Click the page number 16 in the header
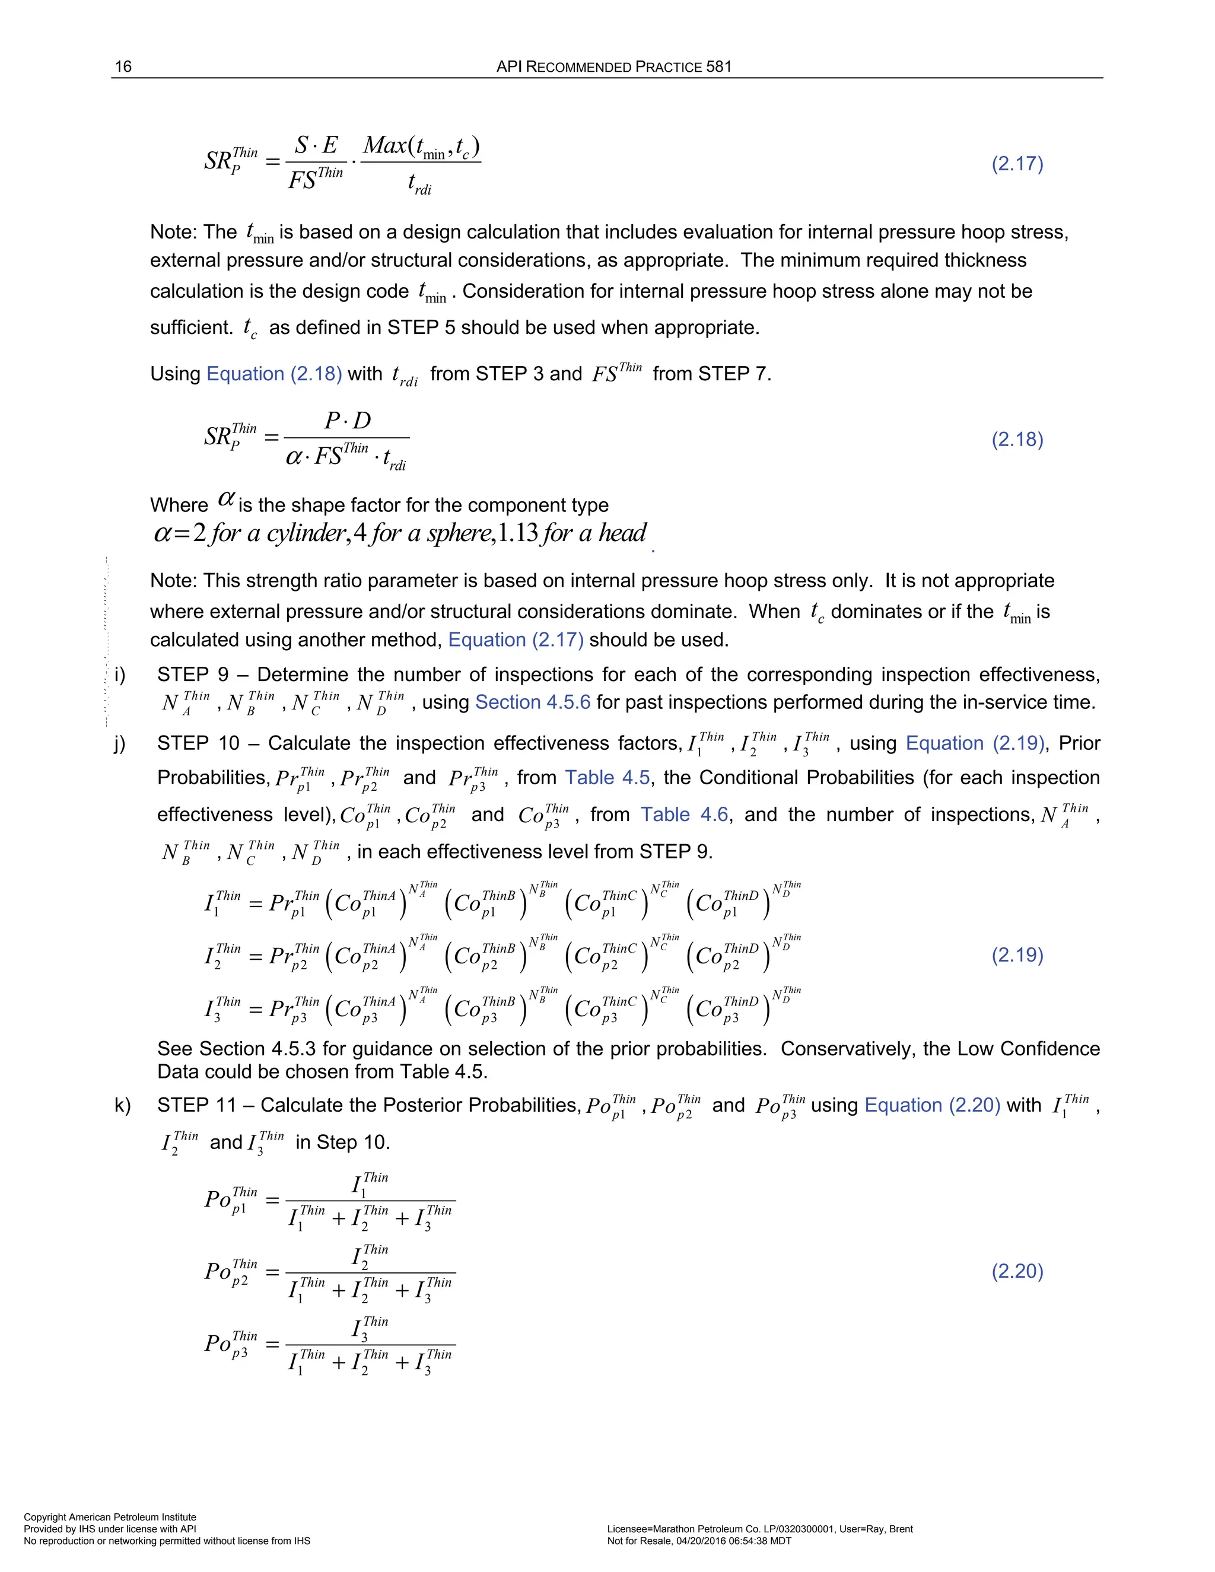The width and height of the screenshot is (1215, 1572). click(123, 67)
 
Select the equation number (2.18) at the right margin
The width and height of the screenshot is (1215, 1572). click(1017, 440)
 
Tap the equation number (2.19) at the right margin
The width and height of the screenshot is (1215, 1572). click(1017, 955)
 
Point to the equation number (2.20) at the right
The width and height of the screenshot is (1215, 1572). click(1017, 1271)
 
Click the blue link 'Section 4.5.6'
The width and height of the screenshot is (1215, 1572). click(533, 702)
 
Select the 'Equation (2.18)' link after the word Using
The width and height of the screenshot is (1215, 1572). click(273, 374)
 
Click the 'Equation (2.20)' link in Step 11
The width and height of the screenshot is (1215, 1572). click(932, 1105)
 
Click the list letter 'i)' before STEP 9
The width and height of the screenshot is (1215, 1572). click(119, 674)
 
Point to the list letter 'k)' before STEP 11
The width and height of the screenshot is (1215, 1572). click(122, 1105)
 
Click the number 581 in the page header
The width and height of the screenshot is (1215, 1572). click(718, 67)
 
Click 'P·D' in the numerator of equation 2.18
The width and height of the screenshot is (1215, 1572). click(347, 421)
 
